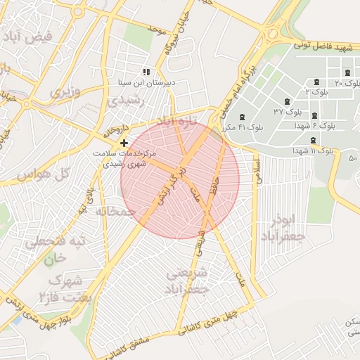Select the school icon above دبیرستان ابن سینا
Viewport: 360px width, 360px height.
click(146, 72)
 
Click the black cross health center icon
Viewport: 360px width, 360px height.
click(124, 143)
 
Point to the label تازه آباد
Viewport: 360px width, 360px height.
click(174, 122)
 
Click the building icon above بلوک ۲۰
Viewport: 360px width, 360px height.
click(347, 73)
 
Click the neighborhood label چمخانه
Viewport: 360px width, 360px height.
click(115, 211)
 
